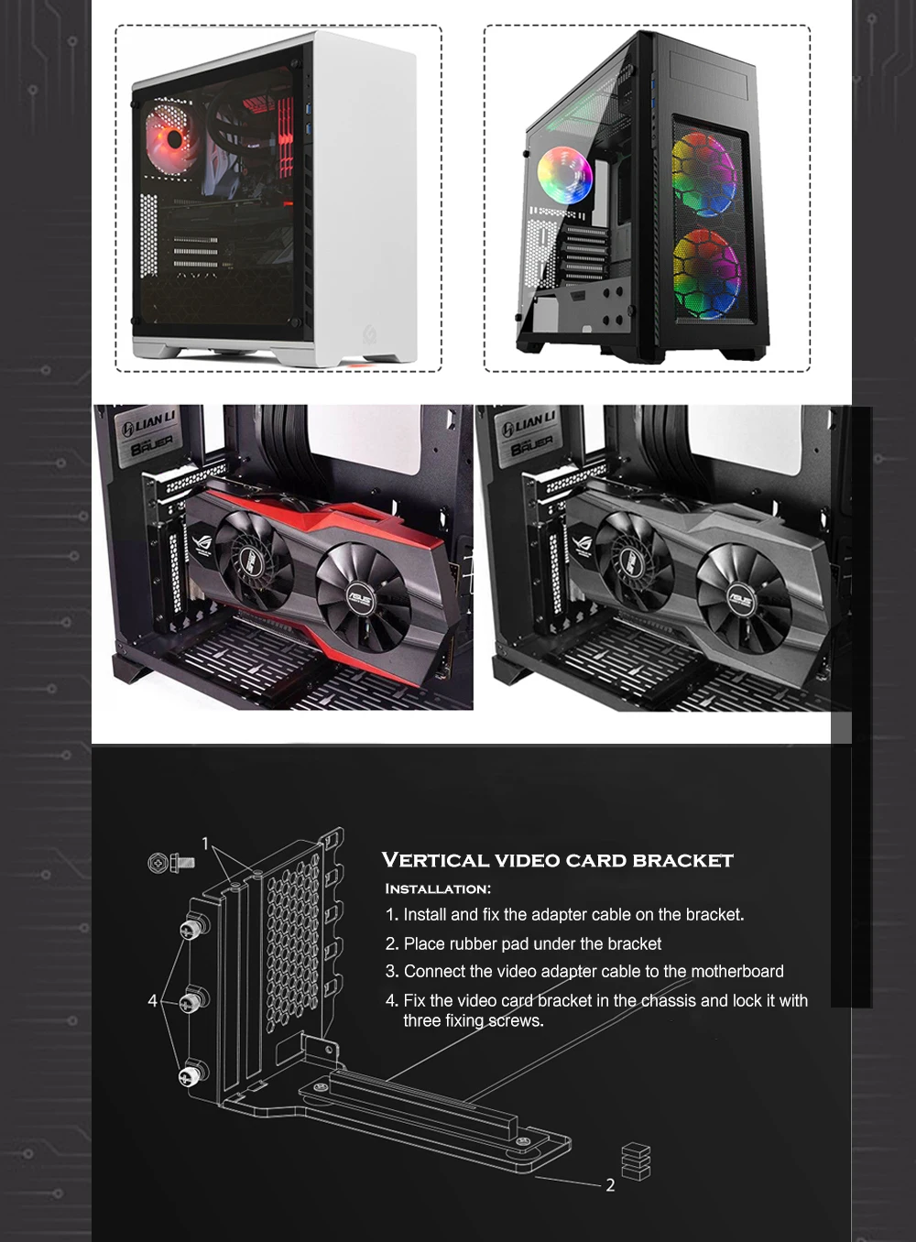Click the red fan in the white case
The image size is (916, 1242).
pos(172,139)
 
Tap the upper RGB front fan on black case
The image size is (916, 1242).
pos(703,174)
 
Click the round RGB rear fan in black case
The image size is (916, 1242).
pos(564,174)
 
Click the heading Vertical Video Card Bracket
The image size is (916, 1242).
pos(557,860)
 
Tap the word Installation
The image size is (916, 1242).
pos(437,888)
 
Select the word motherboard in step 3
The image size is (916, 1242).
pos(737,971)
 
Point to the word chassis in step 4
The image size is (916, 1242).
pos(668,1000)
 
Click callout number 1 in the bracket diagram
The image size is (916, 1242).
pos(205,844)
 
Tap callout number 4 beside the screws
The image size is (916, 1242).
pos(153,1000)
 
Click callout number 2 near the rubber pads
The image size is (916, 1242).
pos(610,1185)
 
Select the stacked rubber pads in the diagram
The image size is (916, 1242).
pos(636,1160)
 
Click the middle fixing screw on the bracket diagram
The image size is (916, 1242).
pos(191,1001)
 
